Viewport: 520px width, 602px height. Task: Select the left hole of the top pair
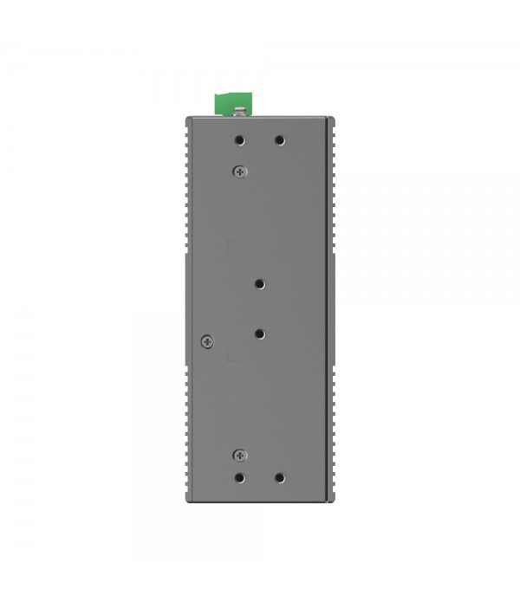pos(240,139)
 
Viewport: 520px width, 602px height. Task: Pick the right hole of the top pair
pos(279,139)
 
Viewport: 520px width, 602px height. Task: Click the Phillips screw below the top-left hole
pos(240,171)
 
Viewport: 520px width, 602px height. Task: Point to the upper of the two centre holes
pos(260,283)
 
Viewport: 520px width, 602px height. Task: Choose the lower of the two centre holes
pos(260,333)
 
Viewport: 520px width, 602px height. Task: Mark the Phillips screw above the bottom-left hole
pos(240,455)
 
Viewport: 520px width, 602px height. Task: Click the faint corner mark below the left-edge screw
pos(228,354)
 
